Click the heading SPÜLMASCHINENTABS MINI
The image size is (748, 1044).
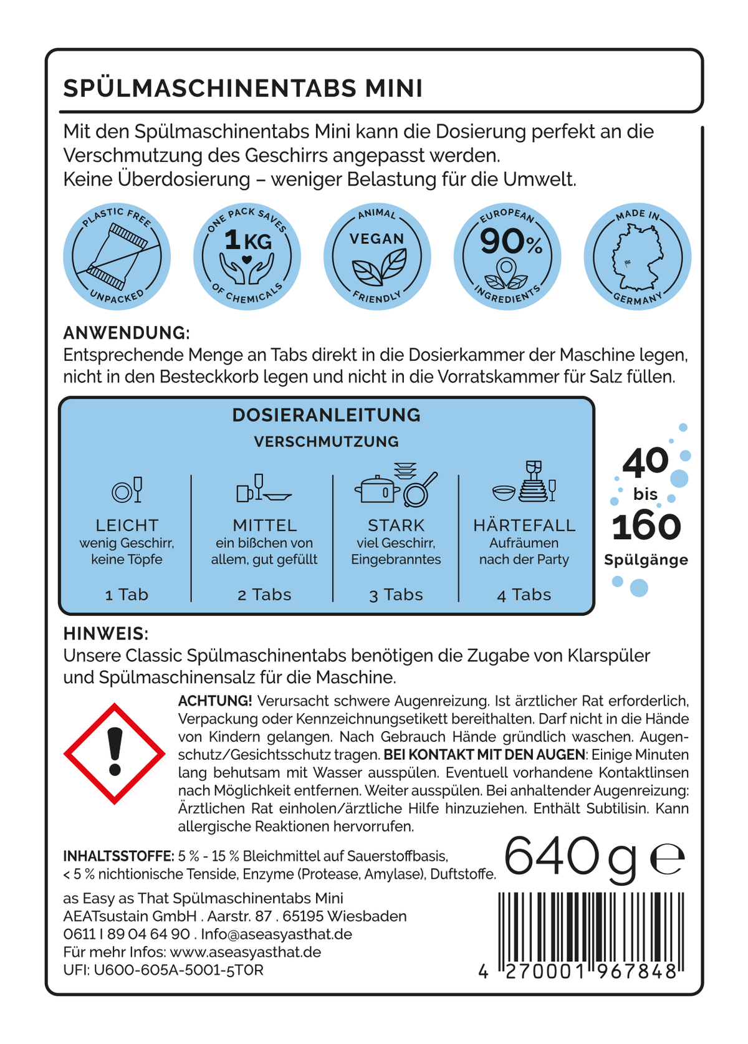(243, 89)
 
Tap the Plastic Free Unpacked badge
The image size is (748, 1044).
(117, 257)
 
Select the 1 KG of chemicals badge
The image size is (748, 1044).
(247, 257)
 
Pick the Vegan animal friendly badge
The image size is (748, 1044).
(377, 257)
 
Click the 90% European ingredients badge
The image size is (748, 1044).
(507, 257)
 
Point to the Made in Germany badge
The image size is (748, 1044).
(637, 257)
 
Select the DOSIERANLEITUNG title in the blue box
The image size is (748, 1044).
(326, 415)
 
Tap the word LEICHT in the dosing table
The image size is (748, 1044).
(127, 525)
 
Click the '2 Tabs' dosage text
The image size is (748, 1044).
(264, 595)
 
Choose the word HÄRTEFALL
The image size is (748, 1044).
(524, 525)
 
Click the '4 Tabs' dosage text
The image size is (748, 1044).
(524, 595)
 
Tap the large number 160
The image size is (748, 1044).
(646, 527)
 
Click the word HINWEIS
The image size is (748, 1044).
(105, 634)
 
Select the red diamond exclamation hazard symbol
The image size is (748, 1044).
(115, 754)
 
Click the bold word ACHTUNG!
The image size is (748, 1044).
(215, 701)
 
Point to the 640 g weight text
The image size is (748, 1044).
(570, 858)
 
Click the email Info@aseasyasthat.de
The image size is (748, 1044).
(276, 934)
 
